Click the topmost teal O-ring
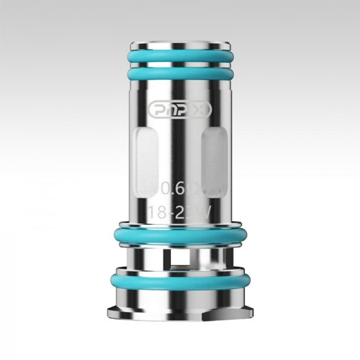coord(180,56)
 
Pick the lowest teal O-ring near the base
coord(180,281)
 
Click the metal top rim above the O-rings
coord(180,44)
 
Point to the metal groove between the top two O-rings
coord(180,65)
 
